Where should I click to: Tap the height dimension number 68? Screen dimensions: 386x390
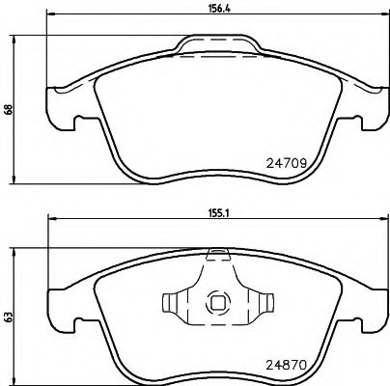click(7, 109)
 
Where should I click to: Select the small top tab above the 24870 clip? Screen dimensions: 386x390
click(218, 253)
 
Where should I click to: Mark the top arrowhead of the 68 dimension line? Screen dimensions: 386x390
click(14, 39)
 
